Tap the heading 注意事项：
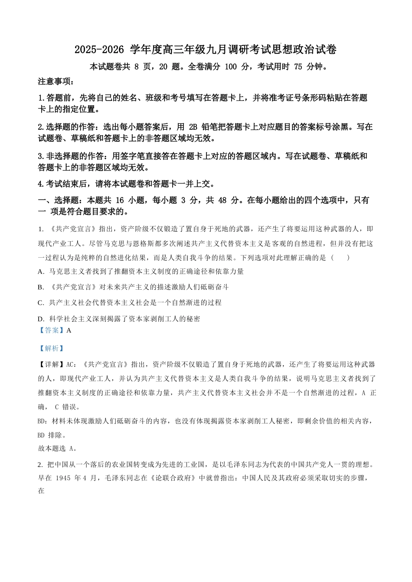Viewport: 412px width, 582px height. [x=56, y=81]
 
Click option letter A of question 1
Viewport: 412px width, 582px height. [x=41, y=272]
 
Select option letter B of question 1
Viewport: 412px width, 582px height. [x=41, y=287]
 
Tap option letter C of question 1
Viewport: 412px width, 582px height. [x=41, y=303]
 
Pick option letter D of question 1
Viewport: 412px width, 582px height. [x=41, y=319]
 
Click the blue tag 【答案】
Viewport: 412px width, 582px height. [x=52, y=330]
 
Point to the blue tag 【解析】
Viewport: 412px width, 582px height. [x=52, y=348]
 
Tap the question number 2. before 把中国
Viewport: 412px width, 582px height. [x=41, y=465]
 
